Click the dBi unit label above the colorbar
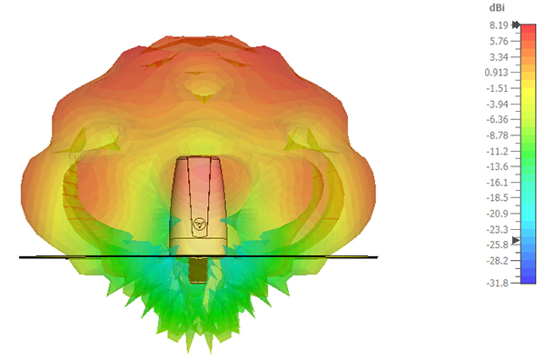[497, 7]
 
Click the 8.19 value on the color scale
[499, 25]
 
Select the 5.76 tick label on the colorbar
[499, 42]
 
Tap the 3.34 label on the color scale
[499, 57]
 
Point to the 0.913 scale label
[496, 73]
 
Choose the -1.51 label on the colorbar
[497, 88]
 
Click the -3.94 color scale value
[497, 104]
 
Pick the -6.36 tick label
[497, 120]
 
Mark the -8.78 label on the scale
[497, 135]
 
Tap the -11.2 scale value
[497, 151]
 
